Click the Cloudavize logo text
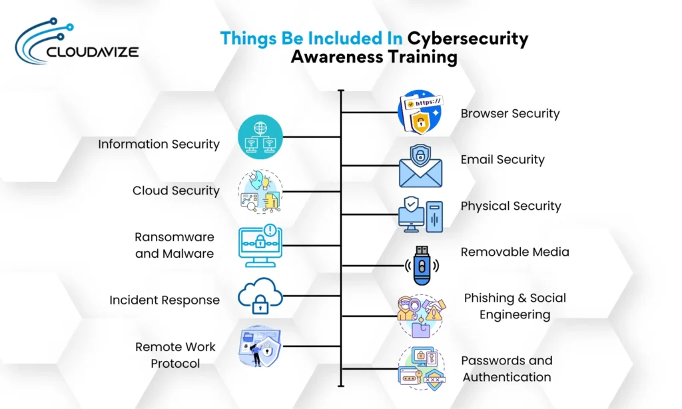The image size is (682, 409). click(x=93, y=51)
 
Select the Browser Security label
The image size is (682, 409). click(x=510, y=113)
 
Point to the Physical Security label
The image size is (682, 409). click(x=511, y=206)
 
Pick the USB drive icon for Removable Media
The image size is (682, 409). click(x=421, y=265)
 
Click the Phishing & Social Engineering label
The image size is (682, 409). click(x=515, y=306)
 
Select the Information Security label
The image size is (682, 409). click(x=159, y=144)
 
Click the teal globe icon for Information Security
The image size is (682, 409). click(x=260, y=137)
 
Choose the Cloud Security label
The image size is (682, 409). click(x=176, y=191)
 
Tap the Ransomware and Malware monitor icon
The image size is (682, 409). click(x=260, y=245)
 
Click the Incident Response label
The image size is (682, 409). click(x=165, y=300)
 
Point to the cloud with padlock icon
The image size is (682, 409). click(x=260, y=296)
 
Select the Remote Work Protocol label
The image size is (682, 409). click(x=175, y=355)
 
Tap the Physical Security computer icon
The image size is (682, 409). click(x=420, y=214)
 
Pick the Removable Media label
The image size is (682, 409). click(x=515, y=252)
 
